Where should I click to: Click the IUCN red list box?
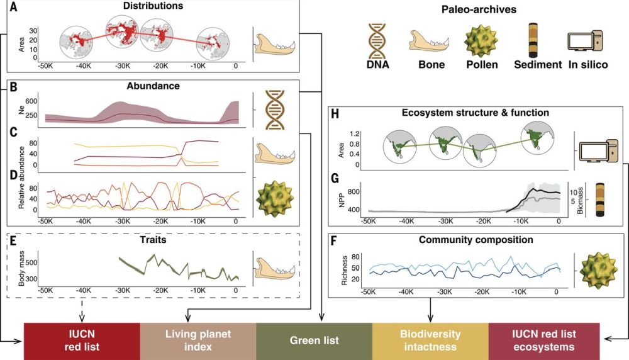click(82, 340)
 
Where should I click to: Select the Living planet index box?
click(198, 340)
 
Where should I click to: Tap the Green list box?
click(314, 340)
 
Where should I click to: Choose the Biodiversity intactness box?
click(430, 340)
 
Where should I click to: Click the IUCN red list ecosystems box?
click(545, 340)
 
